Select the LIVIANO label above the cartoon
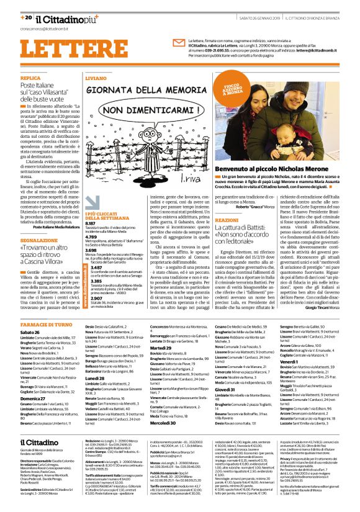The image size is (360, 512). (94, 79)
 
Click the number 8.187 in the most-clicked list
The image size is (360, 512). (91, 223)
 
